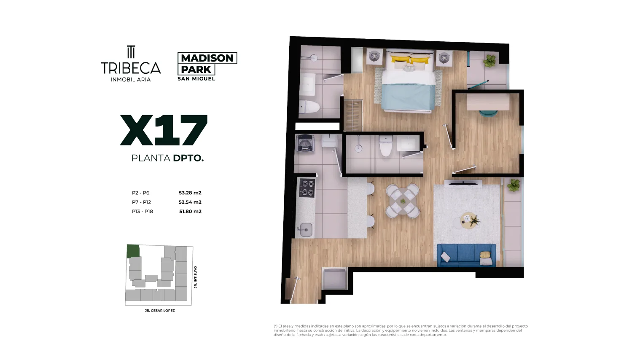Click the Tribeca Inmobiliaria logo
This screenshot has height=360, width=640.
pos(131,64)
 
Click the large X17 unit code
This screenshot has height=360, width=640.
pos(164,130)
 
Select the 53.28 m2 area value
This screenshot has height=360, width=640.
pos(190,193)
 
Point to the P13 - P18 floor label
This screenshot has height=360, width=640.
pos(142,212)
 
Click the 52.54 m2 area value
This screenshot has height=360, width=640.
pos(190,202)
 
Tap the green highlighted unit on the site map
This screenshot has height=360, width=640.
pos(133,251)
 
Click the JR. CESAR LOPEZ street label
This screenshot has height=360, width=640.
pos(160,311)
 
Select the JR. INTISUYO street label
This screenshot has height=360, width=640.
pos(196,277)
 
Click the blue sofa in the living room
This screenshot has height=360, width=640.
pos(466,255)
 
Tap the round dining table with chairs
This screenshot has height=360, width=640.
pos(403,201)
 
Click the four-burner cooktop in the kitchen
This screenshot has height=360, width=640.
pos(307,188)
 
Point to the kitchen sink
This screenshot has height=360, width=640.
pos(306,229)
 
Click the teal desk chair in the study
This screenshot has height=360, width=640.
pos(488,113)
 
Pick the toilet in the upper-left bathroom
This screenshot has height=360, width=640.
pos(309,107)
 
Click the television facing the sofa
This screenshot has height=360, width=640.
pos(463,183)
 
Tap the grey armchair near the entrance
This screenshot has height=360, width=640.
pos(334,279)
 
